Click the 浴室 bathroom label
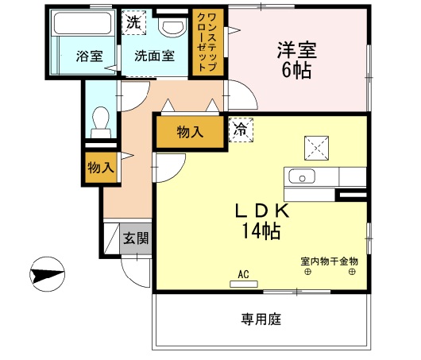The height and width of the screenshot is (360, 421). pyautogui.click(x=89, y=56)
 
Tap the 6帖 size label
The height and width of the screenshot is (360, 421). pyautogui.click(x=297, y=70)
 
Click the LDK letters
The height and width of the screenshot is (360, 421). pyautogui.click(x=265, y=211)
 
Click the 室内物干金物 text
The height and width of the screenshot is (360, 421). pyautogui.click(x=329, y=260)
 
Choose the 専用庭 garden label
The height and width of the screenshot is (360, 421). pyautogui.click(x=261, y=319)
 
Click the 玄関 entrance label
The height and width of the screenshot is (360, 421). pyautogui.click(x=135, y=238)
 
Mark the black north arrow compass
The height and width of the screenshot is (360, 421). pyautogui.click(x=47, y=277)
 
